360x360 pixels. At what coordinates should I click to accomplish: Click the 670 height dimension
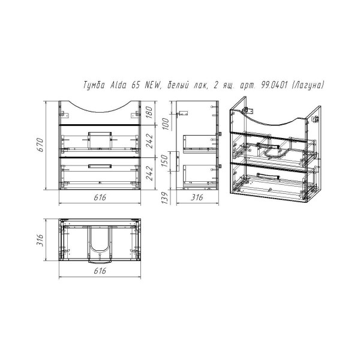click(x=40, y=145)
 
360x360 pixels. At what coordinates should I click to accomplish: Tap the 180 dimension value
click(x=149, y=112)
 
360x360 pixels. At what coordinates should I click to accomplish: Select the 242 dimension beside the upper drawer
click(x=149, y=141)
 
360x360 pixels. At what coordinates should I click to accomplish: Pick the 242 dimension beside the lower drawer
click(x=149, y=173)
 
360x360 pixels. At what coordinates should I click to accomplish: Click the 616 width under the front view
click(x=100, y=197)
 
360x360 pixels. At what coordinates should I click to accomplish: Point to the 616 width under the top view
click(x=100, y=271)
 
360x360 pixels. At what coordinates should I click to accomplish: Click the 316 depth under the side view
click(x=197, y=197)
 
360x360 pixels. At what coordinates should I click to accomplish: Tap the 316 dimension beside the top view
click(x=40, y=240)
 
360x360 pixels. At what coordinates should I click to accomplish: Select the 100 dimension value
click(x=166, y=124)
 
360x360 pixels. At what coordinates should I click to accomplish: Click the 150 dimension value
click(x=166, y=161)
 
